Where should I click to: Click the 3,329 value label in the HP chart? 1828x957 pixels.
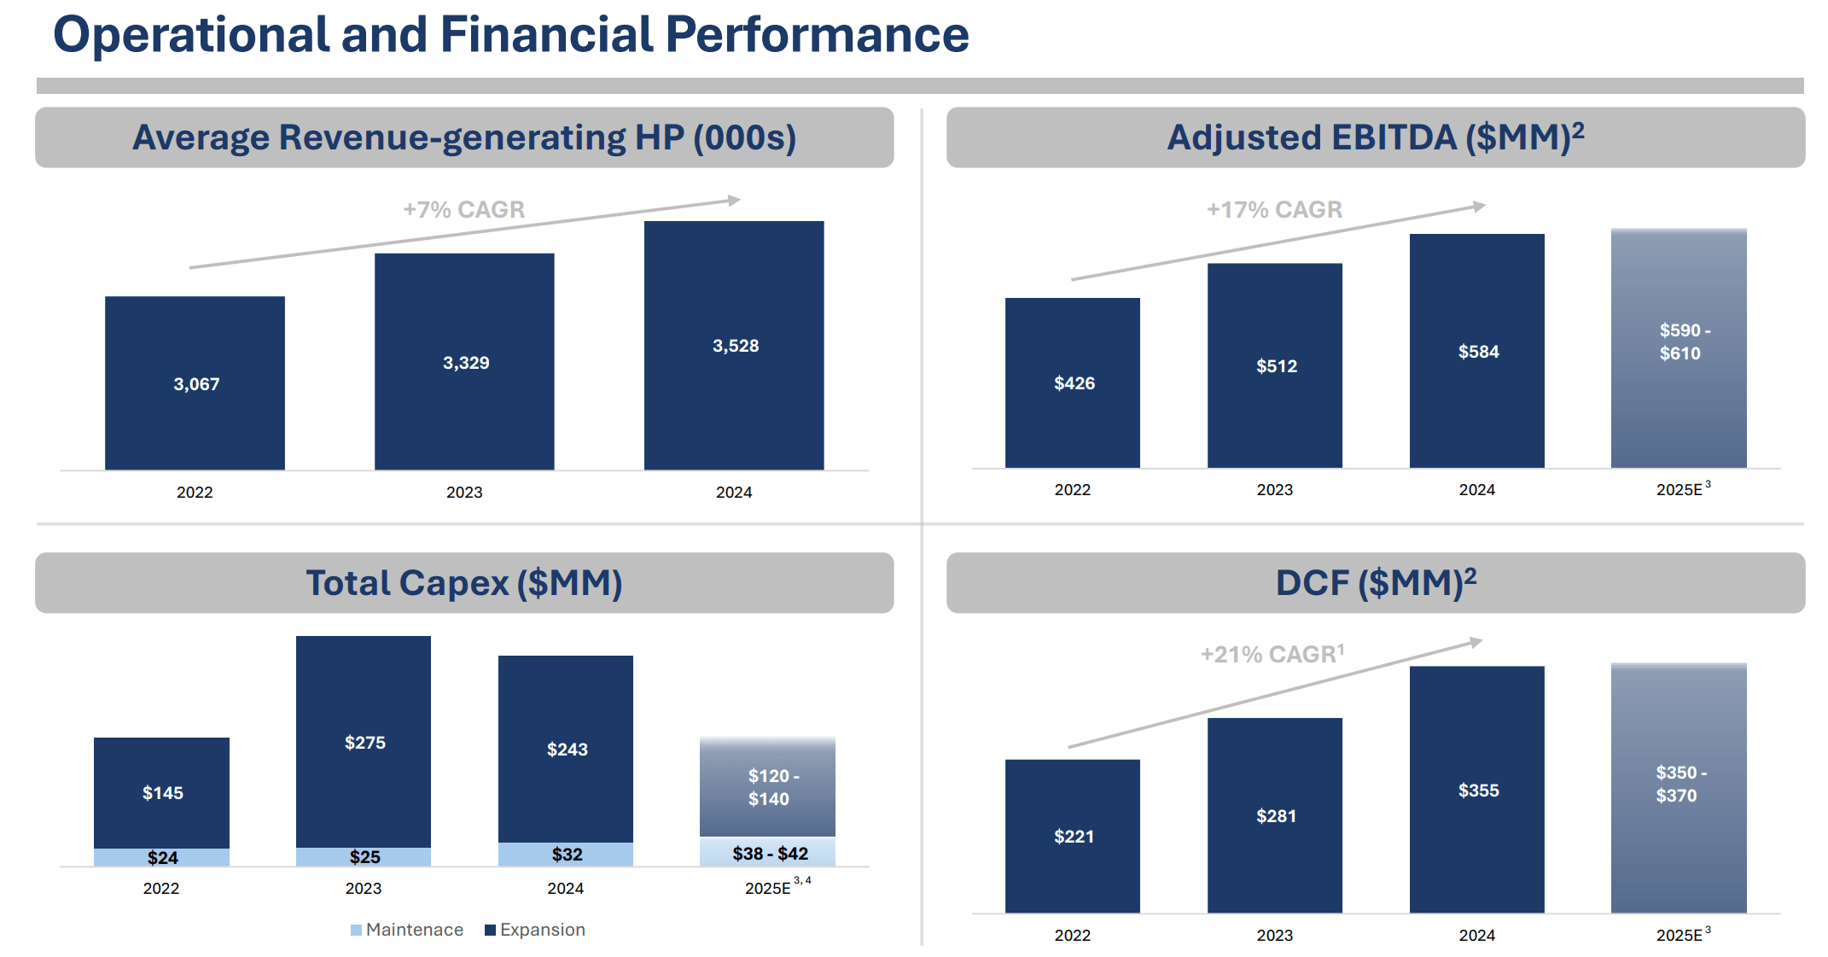click(x=466, y=363)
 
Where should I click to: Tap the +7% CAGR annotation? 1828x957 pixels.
click(x=463, y=209)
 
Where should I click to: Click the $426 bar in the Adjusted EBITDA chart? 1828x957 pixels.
click(x=1073, y=383)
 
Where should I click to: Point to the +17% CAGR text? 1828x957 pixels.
click(x=1273, y=209)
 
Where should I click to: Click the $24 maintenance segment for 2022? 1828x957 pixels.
click(x=162, y=857)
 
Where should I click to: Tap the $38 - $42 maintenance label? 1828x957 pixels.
click(x=769, y=853)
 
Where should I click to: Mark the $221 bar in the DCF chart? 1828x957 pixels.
click(x=1073, y=836)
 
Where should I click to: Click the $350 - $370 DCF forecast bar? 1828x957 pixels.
click(x=1679, y=785)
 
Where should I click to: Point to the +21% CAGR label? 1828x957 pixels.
click(x=1272, y=654)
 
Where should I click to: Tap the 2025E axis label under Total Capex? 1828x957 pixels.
click(x=769, y=888)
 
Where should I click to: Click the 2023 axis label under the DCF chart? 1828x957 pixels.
click(x=1274, y=935)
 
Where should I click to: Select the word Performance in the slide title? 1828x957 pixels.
click(x=817, y=36)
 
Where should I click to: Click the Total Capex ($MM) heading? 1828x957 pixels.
click(x=464, y=583)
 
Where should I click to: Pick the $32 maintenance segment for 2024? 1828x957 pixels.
click(x=566, y=854)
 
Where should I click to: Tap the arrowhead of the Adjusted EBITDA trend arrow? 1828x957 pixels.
click(x=1480, y=206)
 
